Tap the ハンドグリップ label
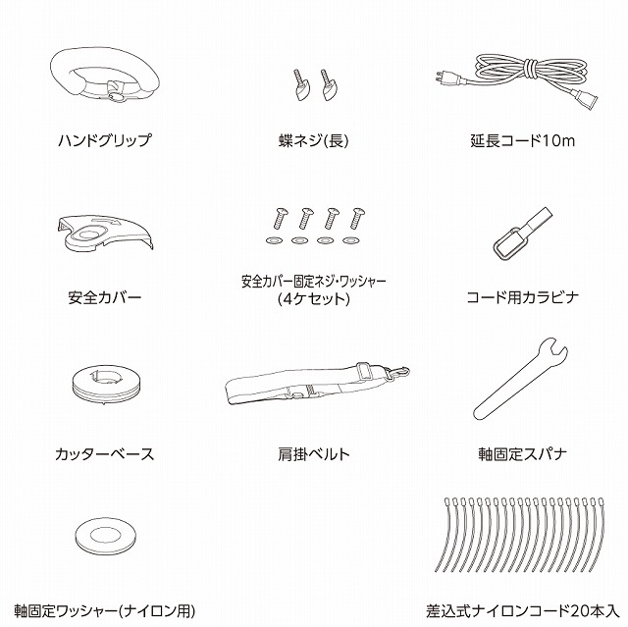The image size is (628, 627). tap(105, 140)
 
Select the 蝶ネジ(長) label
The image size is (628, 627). tap(314, 140)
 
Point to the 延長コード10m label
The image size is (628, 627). tap(523, 141)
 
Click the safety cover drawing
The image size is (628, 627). tap(105, 235)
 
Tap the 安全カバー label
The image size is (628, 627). tap(105, 297)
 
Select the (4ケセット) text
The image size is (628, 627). tap(314, 299)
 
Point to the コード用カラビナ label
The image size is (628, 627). tap(523, 297)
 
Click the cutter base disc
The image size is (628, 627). tap(107, 384)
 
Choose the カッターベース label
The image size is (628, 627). tap(105, 454)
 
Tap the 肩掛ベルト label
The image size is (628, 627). tap(314, 454)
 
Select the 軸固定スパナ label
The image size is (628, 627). tap(523, 454)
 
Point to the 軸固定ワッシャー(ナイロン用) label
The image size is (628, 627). tap(105, 611)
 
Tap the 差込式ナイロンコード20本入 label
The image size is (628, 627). tap(523, 611)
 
